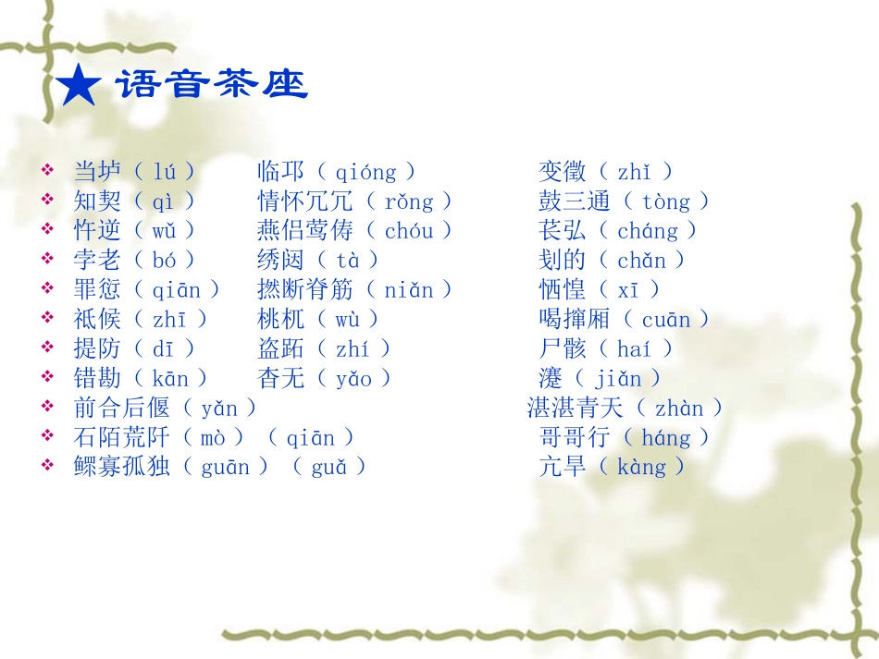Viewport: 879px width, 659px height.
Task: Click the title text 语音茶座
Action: click(211, 86)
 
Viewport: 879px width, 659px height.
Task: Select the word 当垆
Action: click(97, 171)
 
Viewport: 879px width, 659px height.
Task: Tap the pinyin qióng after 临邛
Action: click(365, 172)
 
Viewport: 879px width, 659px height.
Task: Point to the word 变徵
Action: click(563, 171)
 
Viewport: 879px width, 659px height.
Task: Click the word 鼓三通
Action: click(575, 201)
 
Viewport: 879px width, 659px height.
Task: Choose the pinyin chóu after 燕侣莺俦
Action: click(409, 230)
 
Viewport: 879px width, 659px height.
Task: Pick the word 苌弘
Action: click(563, 230)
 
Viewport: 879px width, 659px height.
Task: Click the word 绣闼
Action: click(280, 260)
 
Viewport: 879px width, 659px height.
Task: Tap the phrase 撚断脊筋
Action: click(305, 289)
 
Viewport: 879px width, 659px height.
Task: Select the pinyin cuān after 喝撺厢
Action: click(666, 320)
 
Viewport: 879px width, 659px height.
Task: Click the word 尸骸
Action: click(563, 348)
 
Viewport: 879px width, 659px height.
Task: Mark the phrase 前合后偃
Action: click(122, 408)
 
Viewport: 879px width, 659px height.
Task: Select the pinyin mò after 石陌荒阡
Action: click(214, 437)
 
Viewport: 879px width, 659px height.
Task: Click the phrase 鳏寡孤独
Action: click(122, 467)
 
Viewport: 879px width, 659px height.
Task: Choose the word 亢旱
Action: click(563, 467)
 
